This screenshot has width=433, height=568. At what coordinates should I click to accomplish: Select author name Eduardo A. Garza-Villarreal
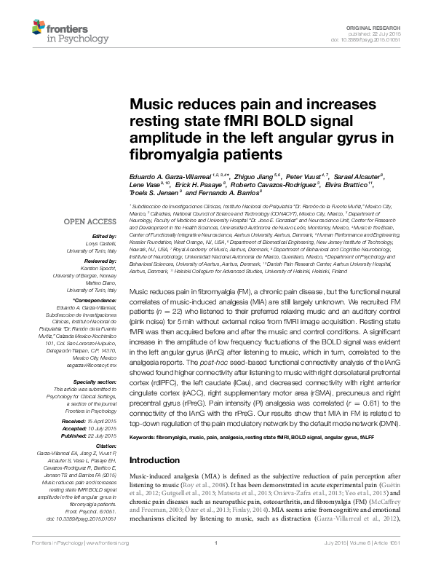[168, 177]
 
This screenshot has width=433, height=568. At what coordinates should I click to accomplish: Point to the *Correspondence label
[95, 300]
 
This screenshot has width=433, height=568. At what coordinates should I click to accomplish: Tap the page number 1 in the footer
[216, 563]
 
